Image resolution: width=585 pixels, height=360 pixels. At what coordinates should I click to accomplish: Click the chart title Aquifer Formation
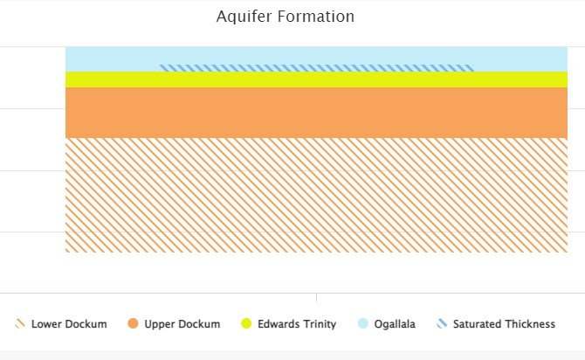click(x=286, y=17)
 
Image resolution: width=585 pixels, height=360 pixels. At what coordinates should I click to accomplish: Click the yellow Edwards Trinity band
click(x=316, y=80)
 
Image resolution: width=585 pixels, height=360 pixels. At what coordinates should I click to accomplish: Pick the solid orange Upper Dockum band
click(x=316, y=113)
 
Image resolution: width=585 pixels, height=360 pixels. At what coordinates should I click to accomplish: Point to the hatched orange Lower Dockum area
click(x=316, y=195)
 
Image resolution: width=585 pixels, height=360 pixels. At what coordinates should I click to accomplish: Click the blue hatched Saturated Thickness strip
click(x=316, y=67)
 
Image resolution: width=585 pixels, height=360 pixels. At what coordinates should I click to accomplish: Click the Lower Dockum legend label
click(x=69, y=324)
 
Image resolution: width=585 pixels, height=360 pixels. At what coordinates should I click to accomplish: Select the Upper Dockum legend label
click(x=182, y=324)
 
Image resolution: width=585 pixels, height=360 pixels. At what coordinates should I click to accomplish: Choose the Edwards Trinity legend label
click(x=297, y=324)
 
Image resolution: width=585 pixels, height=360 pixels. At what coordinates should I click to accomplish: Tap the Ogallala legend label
click(x=395, y=324)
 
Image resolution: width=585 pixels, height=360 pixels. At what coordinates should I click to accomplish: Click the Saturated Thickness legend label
click(x=504, y=324)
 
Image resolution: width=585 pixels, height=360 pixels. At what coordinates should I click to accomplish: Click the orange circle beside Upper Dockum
click(x=133, y=324)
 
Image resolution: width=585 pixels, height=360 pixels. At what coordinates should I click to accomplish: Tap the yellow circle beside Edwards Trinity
click(x=246, y=324)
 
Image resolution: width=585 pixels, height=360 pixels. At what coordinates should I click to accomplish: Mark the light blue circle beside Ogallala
click(x=362, y=324)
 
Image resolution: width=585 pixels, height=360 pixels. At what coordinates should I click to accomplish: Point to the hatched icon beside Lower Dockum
click(x=19, y=324)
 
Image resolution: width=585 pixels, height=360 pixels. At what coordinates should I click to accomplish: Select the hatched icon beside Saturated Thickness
click(x=442, y=324)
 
